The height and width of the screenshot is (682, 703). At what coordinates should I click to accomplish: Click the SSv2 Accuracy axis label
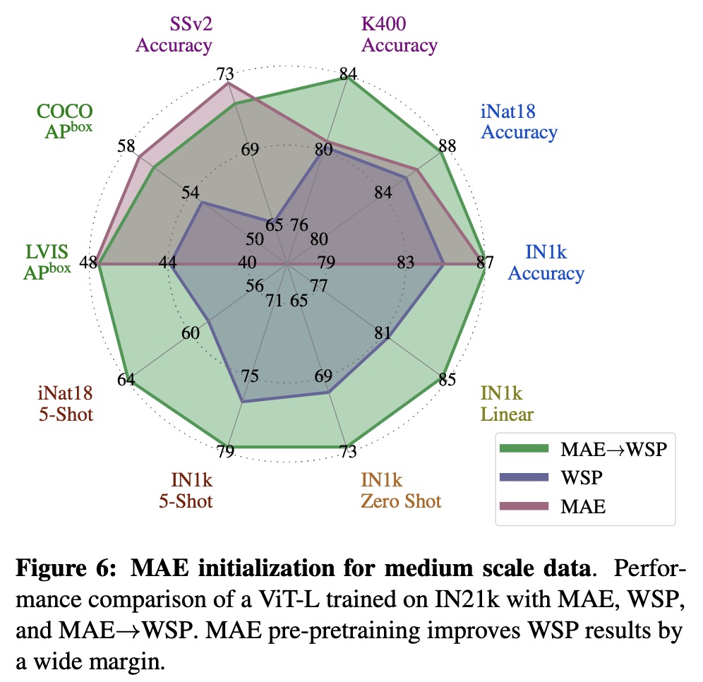tap(174, 35)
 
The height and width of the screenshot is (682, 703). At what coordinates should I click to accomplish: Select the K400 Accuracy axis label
tap(399, 35)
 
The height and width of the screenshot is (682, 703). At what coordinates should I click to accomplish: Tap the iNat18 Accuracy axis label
tap(519, 121)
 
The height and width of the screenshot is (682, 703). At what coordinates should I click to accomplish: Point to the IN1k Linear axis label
tap(507, 403)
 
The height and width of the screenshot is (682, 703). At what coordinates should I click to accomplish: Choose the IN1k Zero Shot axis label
tap(401, 491)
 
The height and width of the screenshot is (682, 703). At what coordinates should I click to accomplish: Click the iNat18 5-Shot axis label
tap(66, 403)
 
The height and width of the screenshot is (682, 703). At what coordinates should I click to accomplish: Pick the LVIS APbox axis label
tap(47, 263)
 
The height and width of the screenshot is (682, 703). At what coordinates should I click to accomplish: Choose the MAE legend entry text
tap(582, 505)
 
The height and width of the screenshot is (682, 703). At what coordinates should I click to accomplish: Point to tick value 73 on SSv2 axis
tap(226, 73)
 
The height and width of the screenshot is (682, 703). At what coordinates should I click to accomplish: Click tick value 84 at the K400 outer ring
tap(348, 73)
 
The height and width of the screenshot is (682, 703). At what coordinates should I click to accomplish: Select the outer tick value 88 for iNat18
tap(446, 146)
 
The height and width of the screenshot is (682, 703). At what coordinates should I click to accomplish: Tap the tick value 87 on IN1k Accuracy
tap(483, 263)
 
